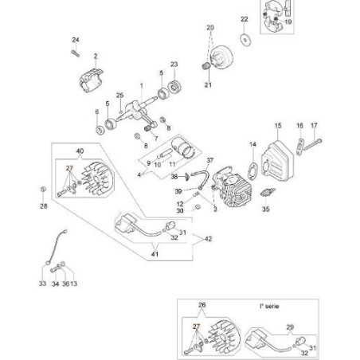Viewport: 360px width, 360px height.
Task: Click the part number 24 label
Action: (76, 40)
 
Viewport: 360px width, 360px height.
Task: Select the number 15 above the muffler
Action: (279, 126)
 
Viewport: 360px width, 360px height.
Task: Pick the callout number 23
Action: (174, 65)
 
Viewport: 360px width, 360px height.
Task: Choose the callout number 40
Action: (79, 151)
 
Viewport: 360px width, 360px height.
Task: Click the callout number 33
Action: (41, 284)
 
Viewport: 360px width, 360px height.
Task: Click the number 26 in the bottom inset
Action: (202, 306)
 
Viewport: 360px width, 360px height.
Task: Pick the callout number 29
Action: (290, 327)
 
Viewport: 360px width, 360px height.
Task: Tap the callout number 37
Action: (211, 160)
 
